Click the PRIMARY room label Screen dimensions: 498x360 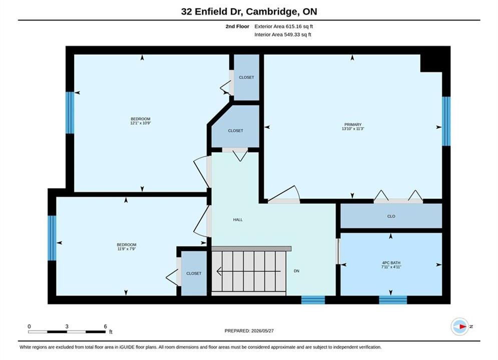(353, 124)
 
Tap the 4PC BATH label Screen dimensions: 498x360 (391, 263)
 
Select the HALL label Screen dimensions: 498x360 (238, 219)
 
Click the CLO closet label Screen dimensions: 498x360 (391, 216)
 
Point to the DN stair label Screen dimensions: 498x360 (296, 271)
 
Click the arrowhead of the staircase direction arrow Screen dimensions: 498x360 (219, 271)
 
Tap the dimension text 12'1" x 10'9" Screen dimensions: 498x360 (140, 123)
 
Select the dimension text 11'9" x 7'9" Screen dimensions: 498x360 (127, 249)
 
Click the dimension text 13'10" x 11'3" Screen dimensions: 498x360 (353, 129)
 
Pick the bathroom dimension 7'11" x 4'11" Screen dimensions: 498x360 (391, 267)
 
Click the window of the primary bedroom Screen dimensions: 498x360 (446, 121)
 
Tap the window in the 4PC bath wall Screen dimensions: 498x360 (393, 299)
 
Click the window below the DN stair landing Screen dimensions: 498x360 (313, 299)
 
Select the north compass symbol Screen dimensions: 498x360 (460, 326)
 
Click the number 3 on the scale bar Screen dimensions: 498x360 (67, 326)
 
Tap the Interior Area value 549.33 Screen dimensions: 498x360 (292, 34)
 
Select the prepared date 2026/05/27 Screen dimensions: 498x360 (262, 331)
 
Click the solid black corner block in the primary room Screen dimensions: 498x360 (431, 63)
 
